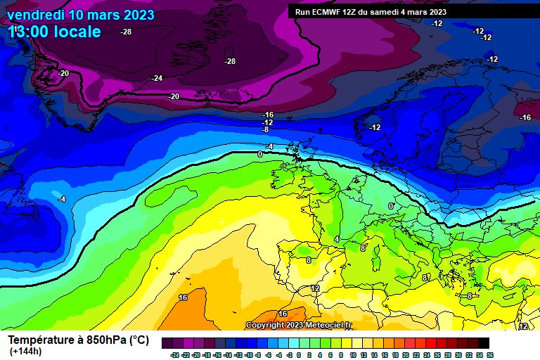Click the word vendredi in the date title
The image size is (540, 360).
(35, 15)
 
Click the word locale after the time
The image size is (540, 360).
(79, 32)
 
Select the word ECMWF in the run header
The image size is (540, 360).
(328, 12)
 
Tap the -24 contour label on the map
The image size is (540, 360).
(157, 78)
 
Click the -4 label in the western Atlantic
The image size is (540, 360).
(62, 199)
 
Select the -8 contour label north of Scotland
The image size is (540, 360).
(265, 129)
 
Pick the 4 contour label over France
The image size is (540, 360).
(337, 240)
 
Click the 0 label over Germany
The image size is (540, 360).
(391, 206)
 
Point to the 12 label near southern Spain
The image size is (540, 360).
(315, 288)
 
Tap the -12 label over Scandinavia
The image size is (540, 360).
(375, 127)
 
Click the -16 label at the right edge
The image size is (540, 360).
(525, 117)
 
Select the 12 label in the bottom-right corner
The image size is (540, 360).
(523, 326)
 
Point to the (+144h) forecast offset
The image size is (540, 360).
(26, 352)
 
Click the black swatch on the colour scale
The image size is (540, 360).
(484, 343)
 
